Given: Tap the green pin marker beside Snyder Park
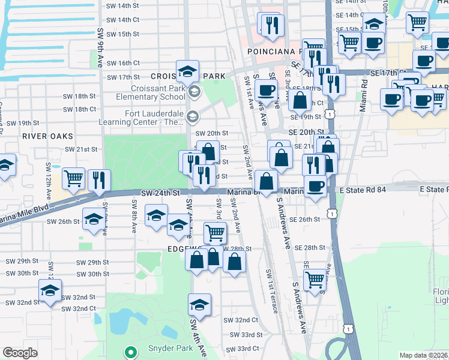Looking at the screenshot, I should point(130,352).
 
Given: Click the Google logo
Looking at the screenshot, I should point(20,353).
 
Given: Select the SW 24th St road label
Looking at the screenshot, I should point(161,193).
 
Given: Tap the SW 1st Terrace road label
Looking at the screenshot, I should point(272,291).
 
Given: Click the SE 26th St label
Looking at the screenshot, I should point(305,220).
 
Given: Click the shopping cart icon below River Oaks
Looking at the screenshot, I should point(73,178).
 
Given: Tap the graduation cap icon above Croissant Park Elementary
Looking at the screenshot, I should point(187,71).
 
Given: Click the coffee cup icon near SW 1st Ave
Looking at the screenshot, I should point(265,91).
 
